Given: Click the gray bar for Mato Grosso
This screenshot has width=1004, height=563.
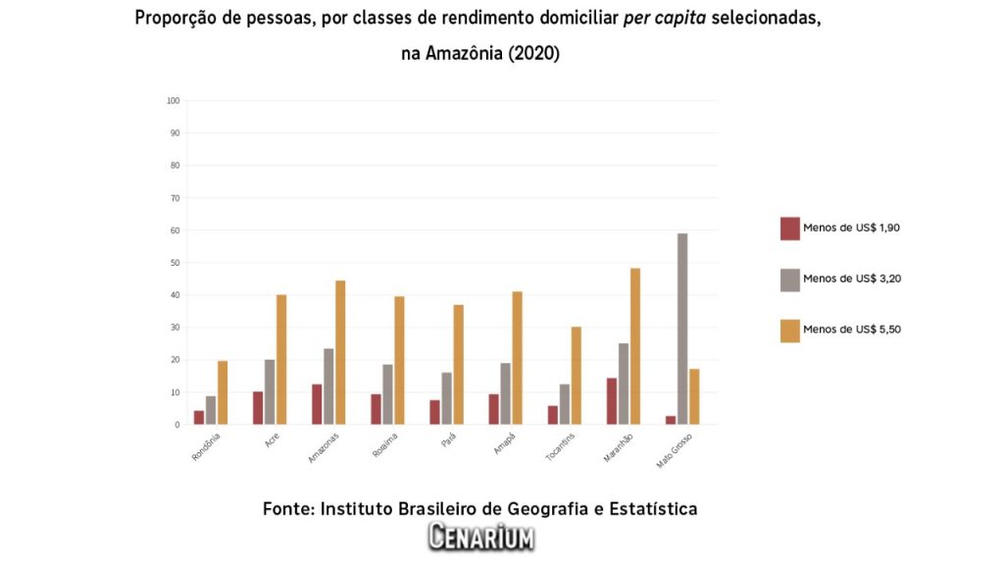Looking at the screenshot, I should click(682, 329).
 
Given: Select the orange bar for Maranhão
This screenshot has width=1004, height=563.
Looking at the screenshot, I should click(634, 346).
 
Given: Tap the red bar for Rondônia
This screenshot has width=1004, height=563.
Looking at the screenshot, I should click(199, 417).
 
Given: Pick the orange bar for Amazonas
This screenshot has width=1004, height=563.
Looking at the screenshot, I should click(340, 352).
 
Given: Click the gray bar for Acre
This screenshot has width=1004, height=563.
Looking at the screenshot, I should click(270, 391).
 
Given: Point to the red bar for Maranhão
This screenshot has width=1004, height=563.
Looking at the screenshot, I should click(611, 401).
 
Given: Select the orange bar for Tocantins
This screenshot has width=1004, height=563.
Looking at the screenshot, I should click(576, 375).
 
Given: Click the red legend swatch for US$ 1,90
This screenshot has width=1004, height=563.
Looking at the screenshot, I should click(790, 228).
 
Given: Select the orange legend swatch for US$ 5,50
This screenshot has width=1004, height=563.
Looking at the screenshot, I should click(790, 331).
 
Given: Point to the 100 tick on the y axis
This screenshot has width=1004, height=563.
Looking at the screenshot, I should click(174, 101).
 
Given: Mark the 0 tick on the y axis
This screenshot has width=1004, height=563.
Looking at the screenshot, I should click(176, 425).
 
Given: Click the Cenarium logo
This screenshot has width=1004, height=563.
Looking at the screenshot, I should click(480, 537).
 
